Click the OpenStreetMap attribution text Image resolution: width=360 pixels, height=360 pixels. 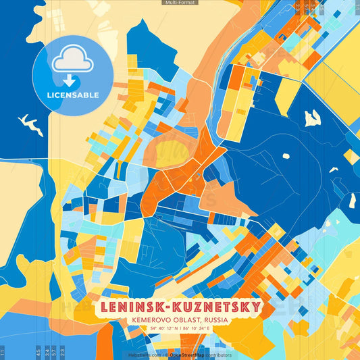[187, 355]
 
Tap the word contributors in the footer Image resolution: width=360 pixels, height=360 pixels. [219, 355]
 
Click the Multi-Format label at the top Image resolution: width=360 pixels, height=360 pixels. [180, 3]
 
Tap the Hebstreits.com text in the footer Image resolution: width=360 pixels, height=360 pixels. [143, 355]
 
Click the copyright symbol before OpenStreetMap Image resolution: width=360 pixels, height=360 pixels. [166, 355]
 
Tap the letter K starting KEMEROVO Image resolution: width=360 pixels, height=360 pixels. [136, 319]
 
